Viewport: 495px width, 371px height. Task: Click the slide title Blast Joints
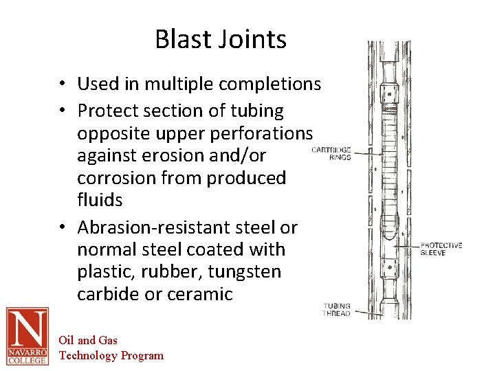click(x=220, y=39)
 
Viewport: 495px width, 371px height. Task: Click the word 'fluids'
click(x=100, y=200)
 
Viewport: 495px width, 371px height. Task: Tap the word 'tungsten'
click(x=245, y=271)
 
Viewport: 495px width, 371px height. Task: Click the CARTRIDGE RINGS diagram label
click(x=331, y=153)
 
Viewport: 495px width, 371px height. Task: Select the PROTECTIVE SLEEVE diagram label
click(x=441, y=249)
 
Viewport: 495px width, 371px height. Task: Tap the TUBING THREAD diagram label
click(x=337, y=309)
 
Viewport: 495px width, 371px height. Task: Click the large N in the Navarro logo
click(x=27, y=329)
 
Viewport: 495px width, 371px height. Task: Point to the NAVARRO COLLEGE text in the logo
click(x=27, y=355)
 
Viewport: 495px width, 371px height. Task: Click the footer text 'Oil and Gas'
click(x=88, y=340)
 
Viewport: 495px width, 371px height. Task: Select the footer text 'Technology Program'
click(x=111, y=355)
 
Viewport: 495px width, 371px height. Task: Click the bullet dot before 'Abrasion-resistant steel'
click(x=62, y=227)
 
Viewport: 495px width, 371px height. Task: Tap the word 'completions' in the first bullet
click(x=269, y=85)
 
